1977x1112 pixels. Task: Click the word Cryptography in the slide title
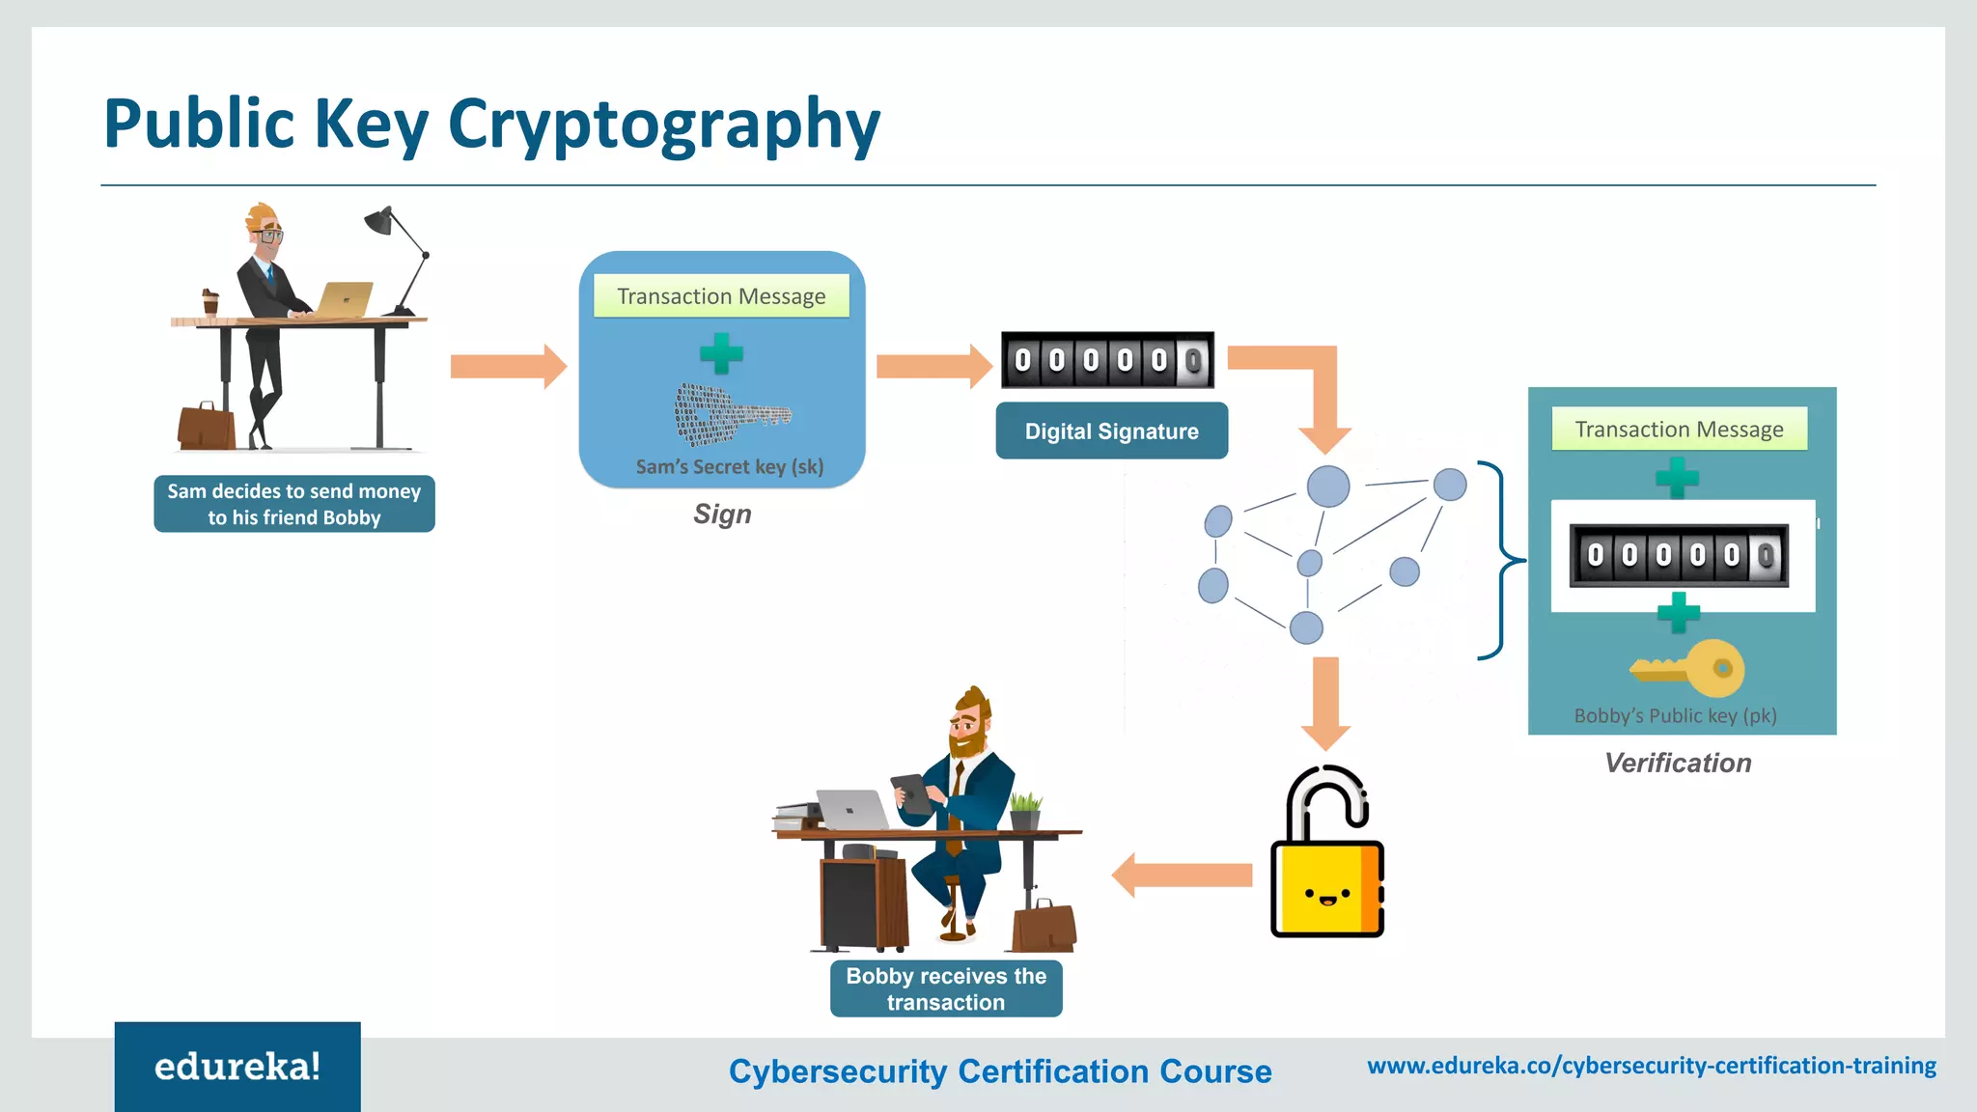pos(663,125)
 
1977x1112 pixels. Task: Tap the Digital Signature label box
pos(1111,431)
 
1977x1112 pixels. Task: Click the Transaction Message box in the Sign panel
pos(721,296)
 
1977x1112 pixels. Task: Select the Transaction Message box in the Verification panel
pos(1679,430)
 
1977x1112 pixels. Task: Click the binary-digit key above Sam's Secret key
pos(729,413)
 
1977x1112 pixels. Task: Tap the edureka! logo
pos(237,1067)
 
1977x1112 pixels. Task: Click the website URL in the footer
pos(1651,1066)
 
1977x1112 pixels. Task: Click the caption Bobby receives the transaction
pos(946,988)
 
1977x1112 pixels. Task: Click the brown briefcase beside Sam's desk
pos(206,428)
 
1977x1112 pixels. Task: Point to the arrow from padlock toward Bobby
pos(1182,876)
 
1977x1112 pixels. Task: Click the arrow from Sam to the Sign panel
pos(508,367)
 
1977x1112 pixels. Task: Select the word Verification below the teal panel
pos(1678,764)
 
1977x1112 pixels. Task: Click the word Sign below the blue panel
pos(722,514)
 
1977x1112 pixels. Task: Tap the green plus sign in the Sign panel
pos(721,353)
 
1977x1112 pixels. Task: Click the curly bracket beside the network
pos(1499,560)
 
